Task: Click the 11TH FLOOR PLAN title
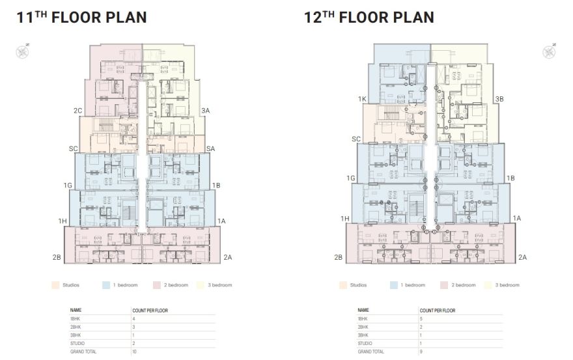[81, 17]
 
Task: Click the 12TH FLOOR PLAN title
[369, 17]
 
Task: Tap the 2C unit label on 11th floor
[77, 111]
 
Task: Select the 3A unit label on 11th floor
[205, 111]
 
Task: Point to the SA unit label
[210, 149]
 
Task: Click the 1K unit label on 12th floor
[363, 99]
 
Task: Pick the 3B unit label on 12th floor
[499, 99]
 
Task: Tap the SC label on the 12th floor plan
[356, 139]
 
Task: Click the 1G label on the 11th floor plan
[68, 186]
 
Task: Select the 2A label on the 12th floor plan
[522, 258]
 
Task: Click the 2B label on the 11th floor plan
[57, 258]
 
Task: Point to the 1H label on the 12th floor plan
[346, 219]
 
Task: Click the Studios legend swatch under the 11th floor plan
[55, 285]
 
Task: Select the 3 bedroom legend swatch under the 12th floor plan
[488, 285]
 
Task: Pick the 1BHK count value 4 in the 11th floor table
[134, 319]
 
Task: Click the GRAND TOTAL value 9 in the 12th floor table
[422, 352]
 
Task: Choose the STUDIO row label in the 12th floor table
[365, 343]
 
